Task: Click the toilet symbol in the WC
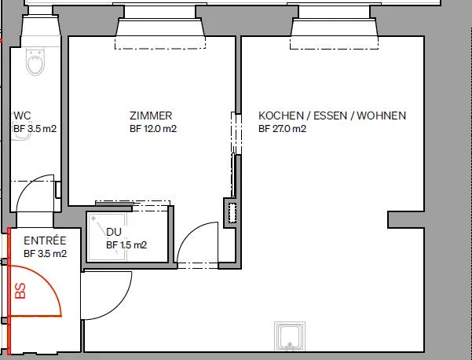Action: (35, 61)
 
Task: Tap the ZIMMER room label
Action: (151, 116)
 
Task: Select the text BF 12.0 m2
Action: (153, 129)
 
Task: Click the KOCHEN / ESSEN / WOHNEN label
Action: (332, 116)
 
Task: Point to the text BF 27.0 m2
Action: (283, 129)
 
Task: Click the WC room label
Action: (22, 116)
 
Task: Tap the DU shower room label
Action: (114, 232)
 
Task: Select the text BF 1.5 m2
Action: (126, 245)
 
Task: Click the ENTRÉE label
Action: (45, 241)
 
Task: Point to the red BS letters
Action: (20, 291)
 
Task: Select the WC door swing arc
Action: (28, 184)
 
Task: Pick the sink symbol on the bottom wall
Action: (290, 336)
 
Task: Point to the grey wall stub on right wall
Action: (406, 219)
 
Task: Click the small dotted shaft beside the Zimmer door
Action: (232, 213)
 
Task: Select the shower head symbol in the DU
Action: (93, 218)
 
